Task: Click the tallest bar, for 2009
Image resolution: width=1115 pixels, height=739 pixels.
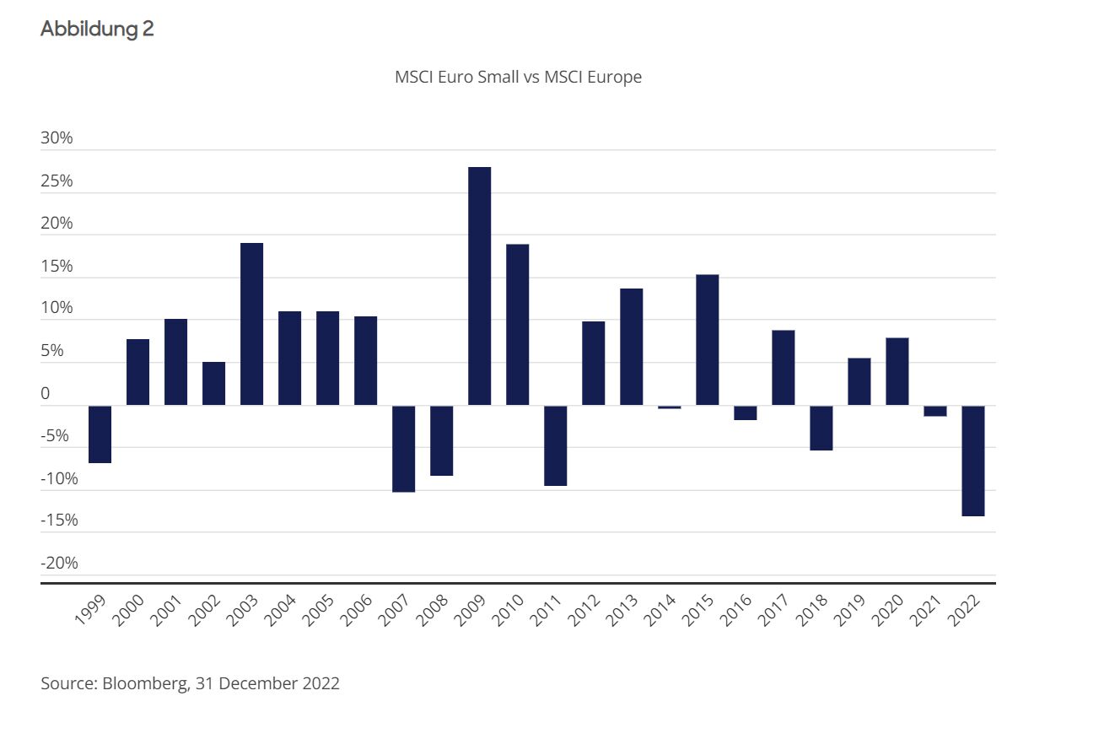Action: coord(479,286)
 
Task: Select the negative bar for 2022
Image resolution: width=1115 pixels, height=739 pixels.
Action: coord(972,461)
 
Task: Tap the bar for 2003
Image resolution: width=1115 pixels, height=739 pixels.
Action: coord(251,324)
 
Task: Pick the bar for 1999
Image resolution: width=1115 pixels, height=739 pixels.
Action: coord(100,434)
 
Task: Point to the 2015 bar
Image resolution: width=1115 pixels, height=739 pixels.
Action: coord(707,340)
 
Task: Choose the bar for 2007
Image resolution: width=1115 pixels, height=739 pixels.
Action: coord(403,449)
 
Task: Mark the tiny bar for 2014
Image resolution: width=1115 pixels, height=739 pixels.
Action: coord(669,407)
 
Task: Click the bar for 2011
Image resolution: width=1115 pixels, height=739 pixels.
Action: coord(555,445)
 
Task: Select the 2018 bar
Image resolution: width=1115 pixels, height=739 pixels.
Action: coord(821,428)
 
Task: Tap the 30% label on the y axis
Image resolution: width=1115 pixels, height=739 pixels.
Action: coord(57,138)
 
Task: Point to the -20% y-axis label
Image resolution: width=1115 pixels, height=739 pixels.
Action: coord(59,563)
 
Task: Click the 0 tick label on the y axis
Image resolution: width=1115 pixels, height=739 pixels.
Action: coord(46,393)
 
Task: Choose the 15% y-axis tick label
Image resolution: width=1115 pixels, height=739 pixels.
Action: coord(57,267)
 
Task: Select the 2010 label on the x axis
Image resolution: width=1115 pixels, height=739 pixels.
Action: coord(509,610)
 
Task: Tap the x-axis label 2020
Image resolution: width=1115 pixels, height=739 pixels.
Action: coord(888,610)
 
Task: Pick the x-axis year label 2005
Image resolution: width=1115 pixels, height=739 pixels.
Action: coord(319,610)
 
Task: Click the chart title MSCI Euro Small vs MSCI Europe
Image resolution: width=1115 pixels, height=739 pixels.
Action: coord(518,77)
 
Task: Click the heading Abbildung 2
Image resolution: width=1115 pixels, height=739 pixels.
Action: coord(97,29)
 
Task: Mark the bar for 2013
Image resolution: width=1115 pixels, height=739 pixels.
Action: coord(631,347)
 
